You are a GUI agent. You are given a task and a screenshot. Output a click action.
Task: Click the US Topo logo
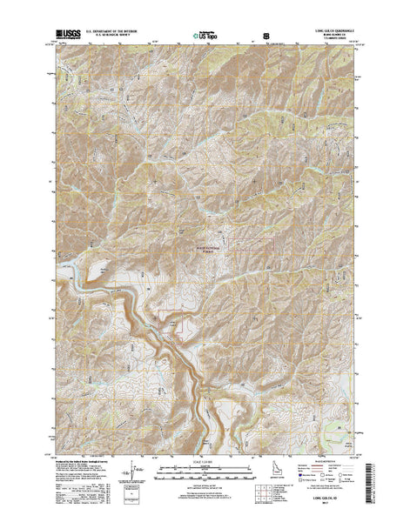[x=205, y=37]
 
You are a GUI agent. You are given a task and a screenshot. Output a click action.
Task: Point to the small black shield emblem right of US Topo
[x=265, y=37]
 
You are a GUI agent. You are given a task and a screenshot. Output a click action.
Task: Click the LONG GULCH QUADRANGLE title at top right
[x=330, y=32]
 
